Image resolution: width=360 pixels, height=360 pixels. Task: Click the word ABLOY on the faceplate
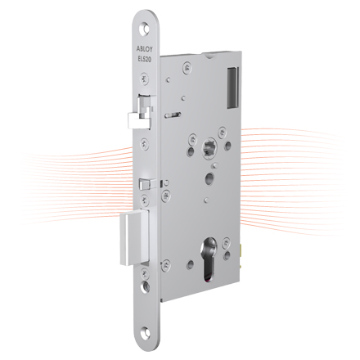[145, 49]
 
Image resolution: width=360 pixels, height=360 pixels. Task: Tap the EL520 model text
[145, 60]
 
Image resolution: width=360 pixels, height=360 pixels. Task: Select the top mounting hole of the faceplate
[145, 29]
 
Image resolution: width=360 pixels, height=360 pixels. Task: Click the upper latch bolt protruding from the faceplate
[140, 111]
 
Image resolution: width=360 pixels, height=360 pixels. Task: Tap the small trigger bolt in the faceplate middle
[146, 184]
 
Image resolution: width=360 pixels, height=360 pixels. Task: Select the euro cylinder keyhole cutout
[209, 259]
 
